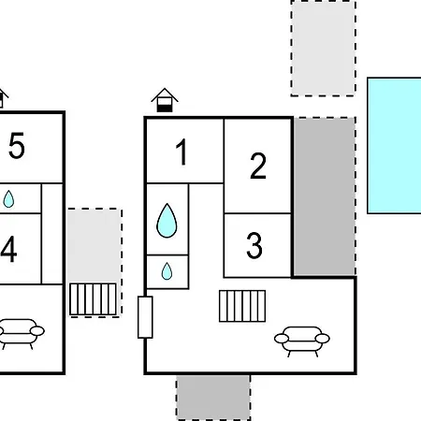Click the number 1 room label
tap(181, 152)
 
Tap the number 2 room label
tap(258, 166)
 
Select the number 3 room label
tap(254, 245)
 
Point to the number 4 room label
tap(8, 249)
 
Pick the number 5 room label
tap(17, 145)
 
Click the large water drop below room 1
tap(167, 221)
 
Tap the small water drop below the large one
tap(167, 271)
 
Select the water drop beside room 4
tap(8, 199)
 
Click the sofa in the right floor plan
tap(302, 341)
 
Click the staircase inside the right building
tap(242, 306)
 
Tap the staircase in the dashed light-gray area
tap(93, 299)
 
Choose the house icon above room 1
tap(165, 100)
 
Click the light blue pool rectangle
tap(394, 145)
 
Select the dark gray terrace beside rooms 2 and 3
tap(325, 196)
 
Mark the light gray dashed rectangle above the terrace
tap(324, 49)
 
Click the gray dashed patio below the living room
tap(213, 398)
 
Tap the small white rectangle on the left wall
tap(145, 317)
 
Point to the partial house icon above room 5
tap(3, 98)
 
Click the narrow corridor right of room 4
tap(52, 234)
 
